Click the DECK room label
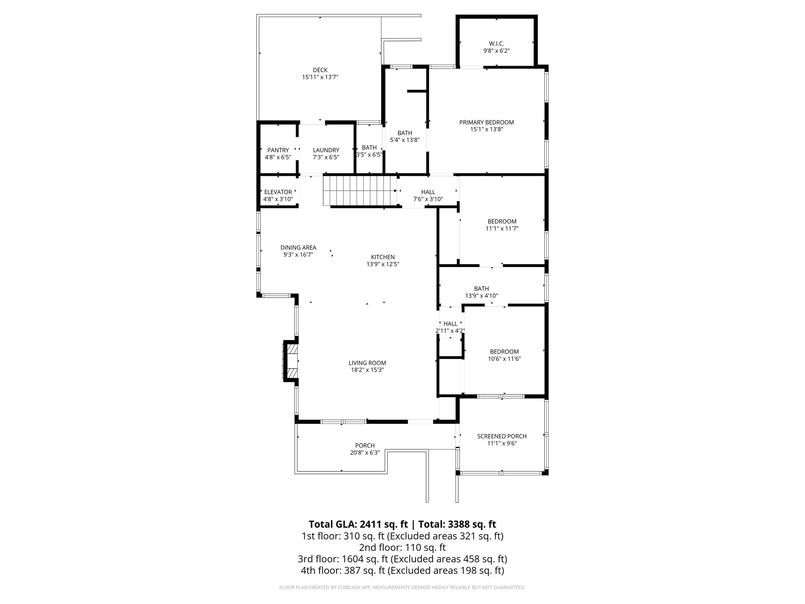(320, 70)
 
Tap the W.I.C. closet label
(496, 44)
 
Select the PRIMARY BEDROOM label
(486, 122)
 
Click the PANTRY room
(278, 150)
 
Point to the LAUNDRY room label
(326, 150)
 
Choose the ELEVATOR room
(278, 192)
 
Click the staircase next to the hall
(360, 191)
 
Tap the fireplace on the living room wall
(291, 361)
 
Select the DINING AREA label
(298, 248)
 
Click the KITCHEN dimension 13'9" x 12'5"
(382, 264)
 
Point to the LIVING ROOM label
(367, 363)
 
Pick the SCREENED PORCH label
(502, 436)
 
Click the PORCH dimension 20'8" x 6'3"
(364, 453)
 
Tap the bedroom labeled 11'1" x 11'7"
(502, 225)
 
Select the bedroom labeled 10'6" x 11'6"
(504, 355)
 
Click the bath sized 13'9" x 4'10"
(481, 292)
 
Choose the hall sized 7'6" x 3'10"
(428, 195)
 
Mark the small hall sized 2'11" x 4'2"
(450, 327)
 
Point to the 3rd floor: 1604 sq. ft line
(402, 559)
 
